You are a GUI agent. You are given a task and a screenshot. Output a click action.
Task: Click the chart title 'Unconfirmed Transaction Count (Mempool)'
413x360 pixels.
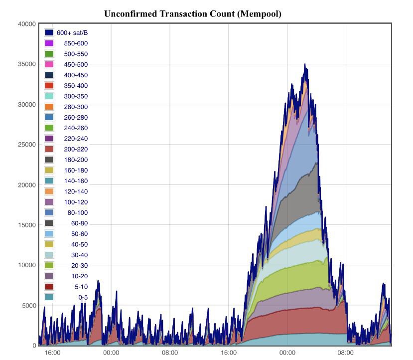point(193,14)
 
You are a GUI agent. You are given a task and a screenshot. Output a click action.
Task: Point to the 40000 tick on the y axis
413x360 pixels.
point(26,24)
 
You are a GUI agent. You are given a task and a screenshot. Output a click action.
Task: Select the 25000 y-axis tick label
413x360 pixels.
point(26,145)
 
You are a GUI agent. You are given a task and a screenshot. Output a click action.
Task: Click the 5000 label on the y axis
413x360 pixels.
point(28,305)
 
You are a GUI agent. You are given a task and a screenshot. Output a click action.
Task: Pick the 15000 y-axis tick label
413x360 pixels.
point(26,225)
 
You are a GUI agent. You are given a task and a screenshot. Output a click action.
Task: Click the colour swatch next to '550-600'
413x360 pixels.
point(49,43)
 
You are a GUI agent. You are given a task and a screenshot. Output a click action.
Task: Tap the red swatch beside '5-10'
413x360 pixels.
point(49,287)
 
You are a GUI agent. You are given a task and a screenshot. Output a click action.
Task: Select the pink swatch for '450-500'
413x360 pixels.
point(49,64)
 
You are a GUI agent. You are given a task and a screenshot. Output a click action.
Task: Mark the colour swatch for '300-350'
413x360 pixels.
point(49,96)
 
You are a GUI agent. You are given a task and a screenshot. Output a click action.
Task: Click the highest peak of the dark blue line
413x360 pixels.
point(305,64)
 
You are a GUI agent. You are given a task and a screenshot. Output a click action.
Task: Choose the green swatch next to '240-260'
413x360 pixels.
point(49,128)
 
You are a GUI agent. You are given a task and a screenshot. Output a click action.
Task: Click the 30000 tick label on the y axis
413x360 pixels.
point(26,105)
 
